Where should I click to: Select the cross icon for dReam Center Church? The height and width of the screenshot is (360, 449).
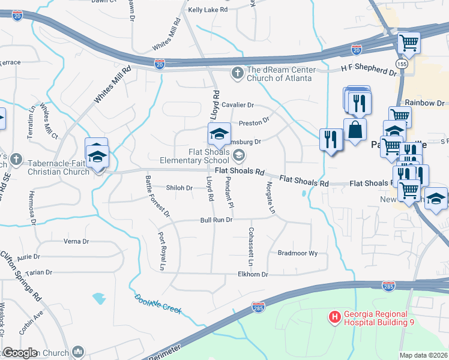pos(237,73)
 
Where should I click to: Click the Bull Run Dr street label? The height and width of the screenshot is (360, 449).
pos(216,220)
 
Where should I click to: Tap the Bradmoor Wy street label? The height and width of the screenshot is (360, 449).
pos(297,253)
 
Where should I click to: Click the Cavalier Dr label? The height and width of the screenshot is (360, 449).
pos(238,104)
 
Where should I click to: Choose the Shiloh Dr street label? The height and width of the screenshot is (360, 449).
pos(179,188)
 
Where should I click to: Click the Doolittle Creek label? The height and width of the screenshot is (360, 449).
pos(158,304)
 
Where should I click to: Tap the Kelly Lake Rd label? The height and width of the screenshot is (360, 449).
pos(208,10)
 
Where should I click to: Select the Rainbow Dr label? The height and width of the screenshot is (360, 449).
pos(424,103)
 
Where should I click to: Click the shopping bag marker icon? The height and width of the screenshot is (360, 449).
pos(355,129)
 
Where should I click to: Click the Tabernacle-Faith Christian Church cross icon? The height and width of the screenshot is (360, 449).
pos(16,160)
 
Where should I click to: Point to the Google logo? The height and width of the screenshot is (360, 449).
pos(20,353)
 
